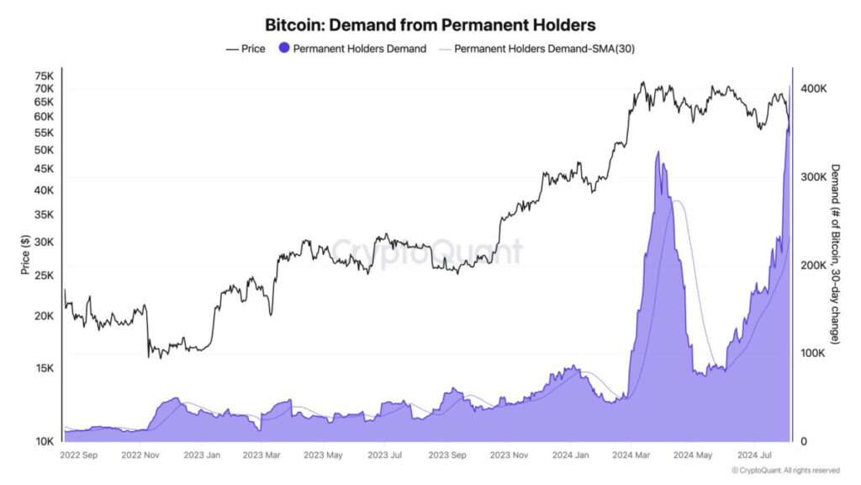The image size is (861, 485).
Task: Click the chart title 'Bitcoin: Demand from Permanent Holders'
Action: tap(430, 26)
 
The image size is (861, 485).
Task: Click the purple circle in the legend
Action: tap(283, 49)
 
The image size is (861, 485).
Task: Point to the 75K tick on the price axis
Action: tap(44, 76)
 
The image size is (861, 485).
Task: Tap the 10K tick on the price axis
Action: tap(44, 441)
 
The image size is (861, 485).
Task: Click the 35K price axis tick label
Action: tap(44, 215)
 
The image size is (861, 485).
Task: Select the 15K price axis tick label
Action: tap(44, 368)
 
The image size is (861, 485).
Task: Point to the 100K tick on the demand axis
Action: tap(813, 353)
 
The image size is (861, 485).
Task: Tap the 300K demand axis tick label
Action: tap(813, 177)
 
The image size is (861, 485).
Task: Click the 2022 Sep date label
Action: tap(80, 456)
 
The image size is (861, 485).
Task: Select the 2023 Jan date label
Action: tap(202, 456)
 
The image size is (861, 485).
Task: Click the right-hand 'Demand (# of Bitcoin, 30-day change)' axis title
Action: tap(835, 253)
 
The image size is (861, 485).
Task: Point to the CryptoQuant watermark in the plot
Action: tap(425, 252)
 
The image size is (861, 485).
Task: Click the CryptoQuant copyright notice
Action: tap(785, 471)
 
